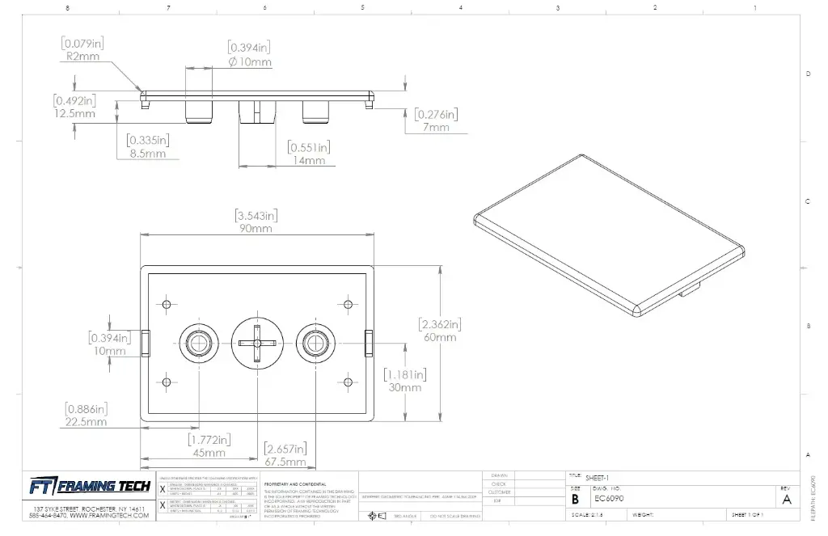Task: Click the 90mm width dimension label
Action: (256, 229)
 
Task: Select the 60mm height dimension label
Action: (440, 337)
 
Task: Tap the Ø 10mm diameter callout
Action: (251, 62)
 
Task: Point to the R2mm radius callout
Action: (82, 57)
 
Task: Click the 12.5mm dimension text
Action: (74, 114)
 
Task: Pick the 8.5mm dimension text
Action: (147, 154)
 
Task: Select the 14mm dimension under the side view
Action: (309, 160)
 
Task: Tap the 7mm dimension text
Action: (436, 128)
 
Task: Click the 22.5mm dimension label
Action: (86, 422)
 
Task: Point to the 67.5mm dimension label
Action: (285, 462)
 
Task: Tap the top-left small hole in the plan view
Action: (167, 305)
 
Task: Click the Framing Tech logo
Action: (89, 486)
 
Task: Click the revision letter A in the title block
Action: (787, 500)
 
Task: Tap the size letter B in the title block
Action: (575, 500)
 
